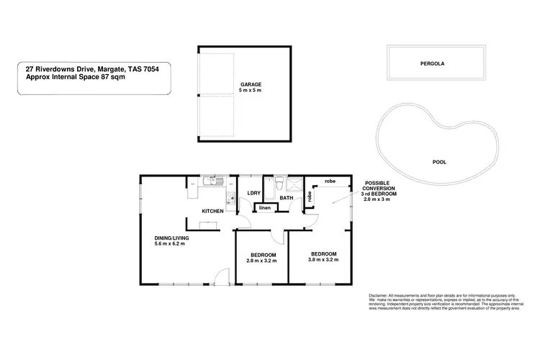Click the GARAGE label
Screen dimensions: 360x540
point(251,84)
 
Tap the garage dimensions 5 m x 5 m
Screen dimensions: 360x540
point(251,91)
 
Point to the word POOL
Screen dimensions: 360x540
point(438,162)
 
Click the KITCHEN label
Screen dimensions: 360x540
point(212,211)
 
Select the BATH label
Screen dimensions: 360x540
point(286,197)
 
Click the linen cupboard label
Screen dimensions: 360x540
point(265,209)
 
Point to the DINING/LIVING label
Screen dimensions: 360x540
point(170,238)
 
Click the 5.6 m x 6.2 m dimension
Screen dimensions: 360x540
point(170,244)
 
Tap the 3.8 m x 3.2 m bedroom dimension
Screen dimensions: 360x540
point(323,260)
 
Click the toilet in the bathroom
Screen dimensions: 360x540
point(279,185)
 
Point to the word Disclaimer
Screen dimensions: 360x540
point(378,296)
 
